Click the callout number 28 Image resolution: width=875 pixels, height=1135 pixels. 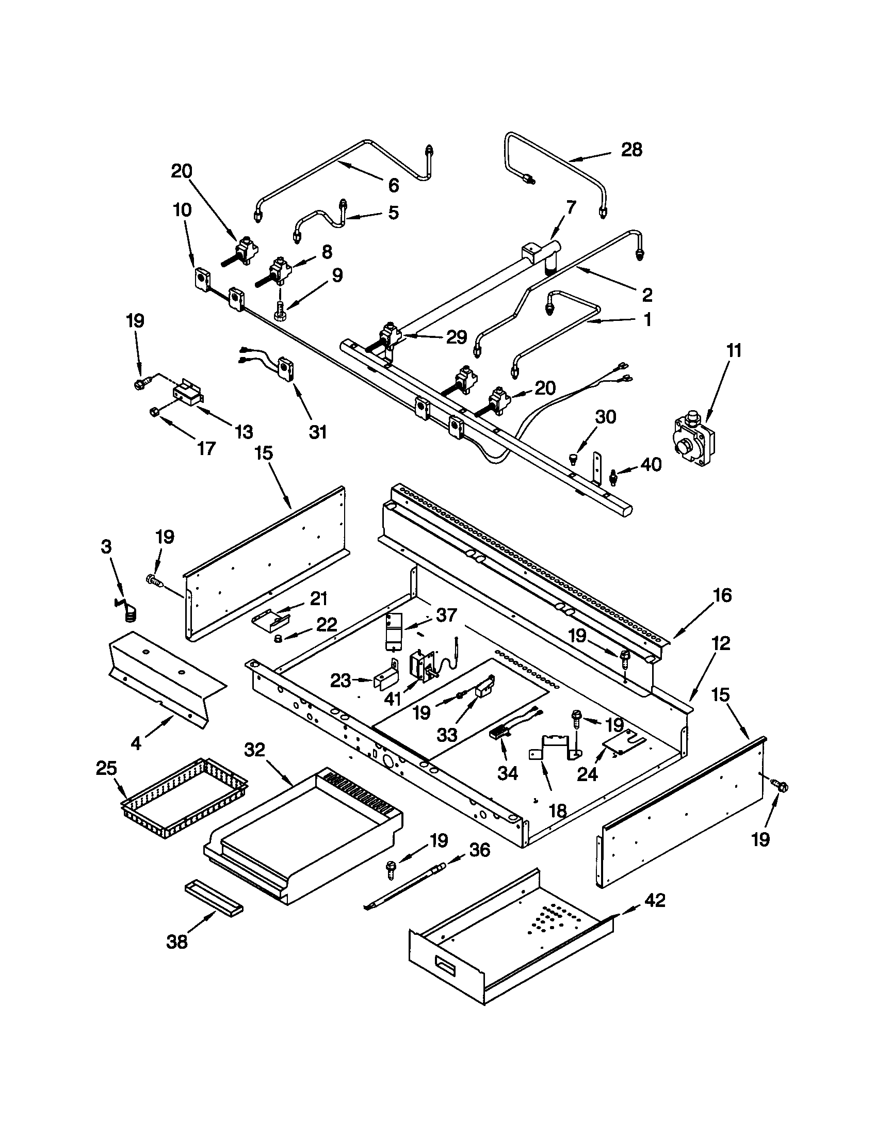click(631, 150)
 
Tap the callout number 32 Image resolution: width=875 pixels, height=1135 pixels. click(254, 750)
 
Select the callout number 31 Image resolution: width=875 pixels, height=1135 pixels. click(317, 431)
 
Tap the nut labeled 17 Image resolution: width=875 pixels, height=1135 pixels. click(154, 412)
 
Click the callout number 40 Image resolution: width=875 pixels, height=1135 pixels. click(651, 464)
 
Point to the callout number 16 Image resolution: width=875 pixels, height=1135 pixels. click(722, 595)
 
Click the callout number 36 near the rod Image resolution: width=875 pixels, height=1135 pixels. click(479, 851)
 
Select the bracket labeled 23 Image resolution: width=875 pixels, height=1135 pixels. click(385, 679)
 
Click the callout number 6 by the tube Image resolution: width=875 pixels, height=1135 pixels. click(393, 185)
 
